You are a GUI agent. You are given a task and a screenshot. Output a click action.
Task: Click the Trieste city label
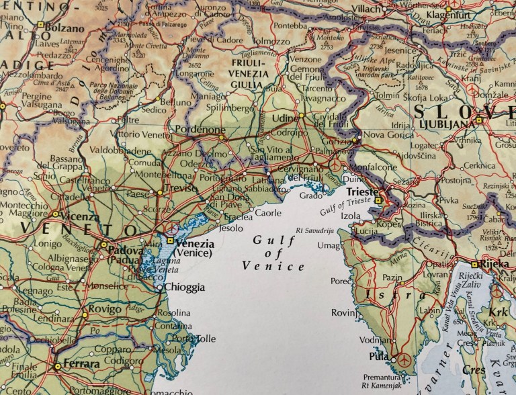(x=362, y=191)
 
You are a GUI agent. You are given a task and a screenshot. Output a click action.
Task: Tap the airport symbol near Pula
(x=403, y=360)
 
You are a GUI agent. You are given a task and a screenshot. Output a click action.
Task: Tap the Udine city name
(x=284, y=118)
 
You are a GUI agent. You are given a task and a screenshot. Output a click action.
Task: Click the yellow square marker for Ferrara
(x=58, y=366)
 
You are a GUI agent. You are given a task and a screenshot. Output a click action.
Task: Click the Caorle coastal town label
(x=268, y=213)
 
